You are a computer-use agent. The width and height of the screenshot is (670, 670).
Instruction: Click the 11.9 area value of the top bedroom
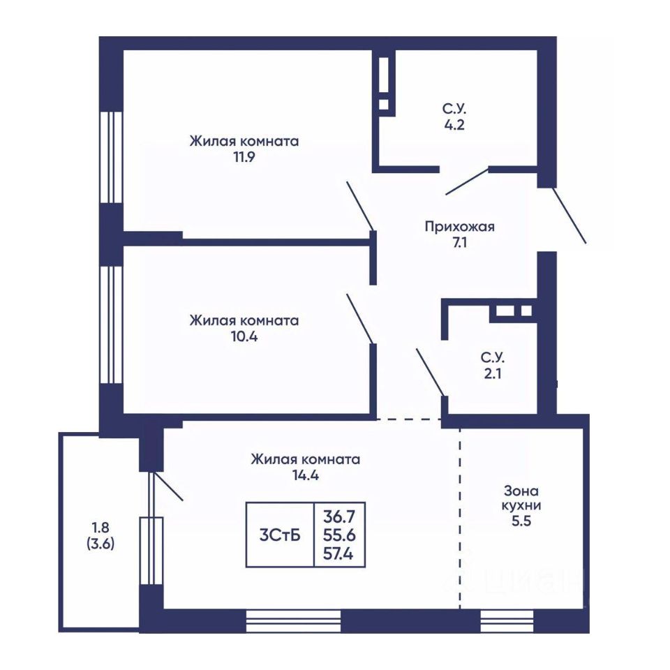coord(244,157)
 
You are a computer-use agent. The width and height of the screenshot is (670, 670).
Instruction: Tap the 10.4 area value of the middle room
coord(244,336)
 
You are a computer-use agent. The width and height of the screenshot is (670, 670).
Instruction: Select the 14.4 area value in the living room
coord(306,475)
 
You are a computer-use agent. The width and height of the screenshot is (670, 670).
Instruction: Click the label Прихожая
coord(459,226)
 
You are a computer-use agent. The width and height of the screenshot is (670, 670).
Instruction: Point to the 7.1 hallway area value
coord(460,243)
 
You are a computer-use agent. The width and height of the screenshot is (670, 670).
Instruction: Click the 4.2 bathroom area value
coord(454,125)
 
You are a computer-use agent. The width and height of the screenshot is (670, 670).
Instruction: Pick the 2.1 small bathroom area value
coord(493,373)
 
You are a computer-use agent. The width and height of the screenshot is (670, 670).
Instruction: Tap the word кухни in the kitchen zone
coord(521,505)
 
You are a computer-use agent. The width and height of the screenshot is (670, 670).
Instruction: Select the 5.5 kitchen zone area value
coord(521,521)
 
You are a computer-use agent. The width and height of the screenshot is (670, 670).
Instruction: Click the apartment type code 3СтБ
coord(280,535)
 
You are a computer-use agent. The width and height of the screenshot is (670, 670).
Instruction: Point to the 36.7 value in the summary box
coord(339,516)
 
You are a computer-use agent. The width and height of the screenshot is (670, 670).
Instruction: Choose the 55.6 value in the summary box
coord(339,535)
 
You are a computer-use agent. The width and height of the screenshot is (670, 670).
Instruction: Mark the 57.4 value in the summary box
coord(339,553)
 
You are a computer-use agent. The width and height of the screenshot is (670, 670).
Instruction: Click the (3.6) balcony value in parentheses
coord(100,544)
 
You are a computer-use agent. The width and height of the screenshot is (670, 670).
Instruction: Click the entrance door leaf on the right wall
coord(570,216)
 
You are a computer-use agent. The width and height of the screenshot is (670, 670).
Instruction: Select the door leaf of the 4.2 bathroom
coord(468,181)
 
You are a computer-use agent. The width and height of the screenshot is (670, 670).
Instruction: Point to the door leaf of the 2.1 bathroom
coord(431,373)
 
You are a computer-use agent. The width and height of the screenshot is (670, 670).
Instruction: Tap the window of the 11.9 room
coord(111,157)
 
